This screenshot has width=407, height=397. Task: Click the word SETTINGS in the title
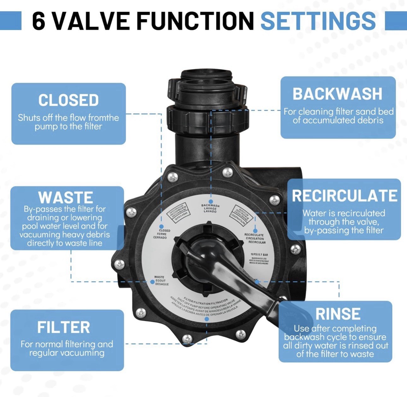click(x=318, y=21)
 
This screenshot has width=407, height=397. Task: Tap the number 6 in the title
click(x=38, y=21)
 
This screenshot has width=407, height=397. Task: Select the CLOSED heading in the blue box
click(x=68, y=100)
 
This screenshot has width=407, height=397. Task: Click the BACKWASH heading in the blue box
click(x=337, y=94)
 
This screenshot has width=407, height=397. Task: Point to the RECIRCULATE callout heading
click(x=344, y=196)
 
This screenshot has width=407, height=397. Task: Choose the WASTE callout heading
click(x=66, y=198)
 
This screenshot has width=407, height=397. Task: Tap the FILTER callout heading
click(x=63, y=327)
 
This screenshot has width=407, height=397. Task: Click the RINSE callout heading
click(x=338, y=314)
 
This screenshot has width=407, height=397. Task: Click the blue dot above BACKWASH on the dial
click(x=211, y=201)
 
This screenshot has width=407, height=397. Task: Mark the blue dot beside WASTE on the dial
click(x=152, y=282)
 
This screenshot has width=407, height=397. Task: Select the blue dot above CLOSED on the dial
click(x=161, y=226)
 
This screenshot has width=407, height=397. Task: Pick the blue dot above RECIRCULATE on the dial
click(x=255, y=231)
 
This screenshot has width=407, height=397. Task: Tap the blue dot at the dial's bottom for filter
click(x=207, y=319)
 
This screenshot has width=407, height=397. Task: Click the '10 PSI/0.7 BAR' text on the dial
click(x=259, y=254)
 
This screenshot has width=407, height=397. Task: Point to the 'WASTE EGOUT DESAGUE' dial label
click(x=161, y=280)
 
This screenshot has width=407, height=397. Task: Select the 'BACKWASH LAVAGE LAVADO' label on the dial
click(x=210, y=208)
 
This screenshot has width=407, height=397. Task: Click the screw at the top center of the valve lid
click(x=227, y=172)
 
